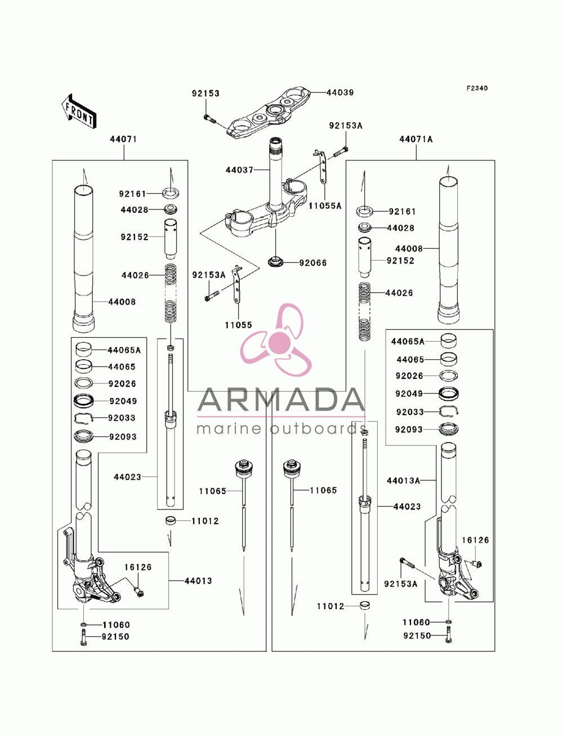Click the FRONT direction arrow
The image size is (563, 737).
click(79, 111)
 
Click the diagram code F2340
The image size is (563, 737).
click(477, 88)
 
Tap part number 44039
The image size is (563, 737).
click(340, 93)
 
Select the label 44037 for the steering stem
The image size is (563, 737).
click(239, 170)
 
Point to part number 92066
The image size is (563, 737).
click(313, 263)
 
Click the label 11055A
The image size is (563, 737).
click(325, 206)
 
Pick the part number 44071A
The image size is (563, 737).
click(416, 139)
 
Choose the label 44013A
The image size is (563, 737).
click(403, 481)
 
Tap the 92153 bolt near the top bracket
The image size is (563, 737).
click(210, 118)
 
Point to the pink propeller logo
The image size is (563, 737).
click(276, 339)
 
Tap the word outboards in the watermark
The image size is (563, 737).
click(318, 428)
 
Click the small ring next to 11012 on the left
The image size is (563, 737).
click(171, 521)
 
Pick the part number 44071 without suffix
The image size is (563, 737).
click(123, 139)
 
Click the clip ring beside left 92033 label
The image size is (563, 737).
click(83, 418)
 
